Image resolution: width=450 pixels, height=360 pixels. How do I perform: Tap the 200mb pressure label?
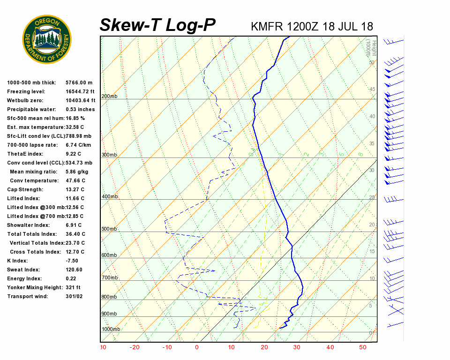coord(109,96)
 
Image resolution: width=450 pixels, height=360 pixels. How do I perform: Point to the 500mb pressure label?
coord(109,229)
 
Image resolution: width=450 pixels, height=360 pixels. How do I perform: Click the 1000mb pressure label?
coord(111,329)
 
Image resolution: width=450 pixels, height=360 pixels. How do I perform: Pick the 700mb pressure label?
coord(109,278)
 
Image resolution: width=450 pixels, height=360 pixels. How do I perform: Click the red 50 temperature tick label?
coord(362,347)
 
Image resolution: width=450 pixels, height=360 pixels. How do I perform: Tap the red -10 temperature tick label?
coord(167,347)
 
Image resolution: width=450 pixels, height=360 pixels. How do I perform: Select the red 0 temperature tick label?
coord(197,347)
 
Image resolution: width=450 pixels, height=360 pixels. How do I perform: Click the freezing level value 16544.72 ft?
coord(80,91)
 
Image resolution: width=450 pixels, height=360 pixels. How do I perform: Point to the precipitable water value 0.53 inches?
coord(80,109)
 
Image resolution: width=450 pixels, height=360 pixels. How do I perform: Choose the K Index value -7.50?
coord(73,261)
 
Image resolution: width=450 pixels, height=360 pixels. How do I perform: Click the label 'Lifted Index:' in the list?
coord(22,198)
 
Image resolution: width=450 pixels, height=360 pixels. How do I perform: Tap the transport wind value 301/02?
coord(74,296)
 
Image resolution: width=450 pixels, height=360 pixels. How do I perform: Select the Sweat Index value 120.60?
coord(74,270)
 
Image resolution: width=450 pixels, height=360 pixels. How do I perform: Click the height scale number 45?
coord(372,90)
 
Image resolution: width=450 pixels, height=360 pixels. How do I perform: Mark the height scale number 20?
coord(372,225)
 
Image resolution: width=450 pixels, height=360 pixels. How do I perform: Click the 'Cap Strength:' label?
coord(25,189)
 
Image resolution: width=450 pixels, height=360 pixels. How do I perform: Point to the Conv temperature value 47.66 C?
coord(75,180)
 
